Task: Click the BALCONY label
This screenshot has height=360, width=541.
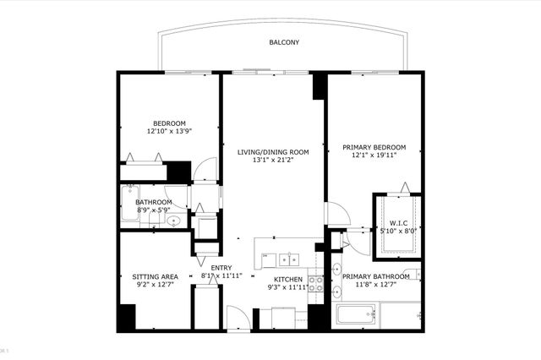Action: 284,42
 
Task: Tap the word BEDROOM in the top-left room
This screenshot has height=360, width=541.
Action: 169,122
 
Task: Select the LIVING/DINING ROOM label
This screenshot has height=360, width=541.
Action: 272,152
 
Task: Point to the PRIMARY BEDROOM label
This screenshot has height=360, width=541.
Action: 374,146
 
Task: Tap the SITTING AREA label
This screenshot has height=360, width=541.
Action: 155,276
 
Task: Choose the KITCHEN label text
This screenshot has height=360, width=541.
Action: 288,279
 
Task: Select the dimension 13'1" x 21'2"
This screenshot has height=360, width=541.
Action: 272,161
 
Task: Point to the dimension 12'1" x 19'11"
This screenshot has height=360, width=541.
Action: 374,155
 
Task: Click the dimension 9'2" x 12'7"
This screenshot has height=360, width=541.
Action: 155,285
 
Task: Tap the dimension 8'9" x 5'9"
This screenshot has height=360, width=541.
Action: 154,210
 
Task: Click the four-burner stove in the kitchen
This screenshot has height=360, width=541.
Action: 315,284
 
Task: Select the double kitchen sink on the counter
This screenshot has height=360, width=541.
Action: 281,257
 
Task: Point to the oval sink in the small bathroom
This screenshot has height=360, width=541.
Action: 173,221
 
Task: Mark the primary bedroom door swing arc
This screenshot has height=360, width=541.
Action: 336,213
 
